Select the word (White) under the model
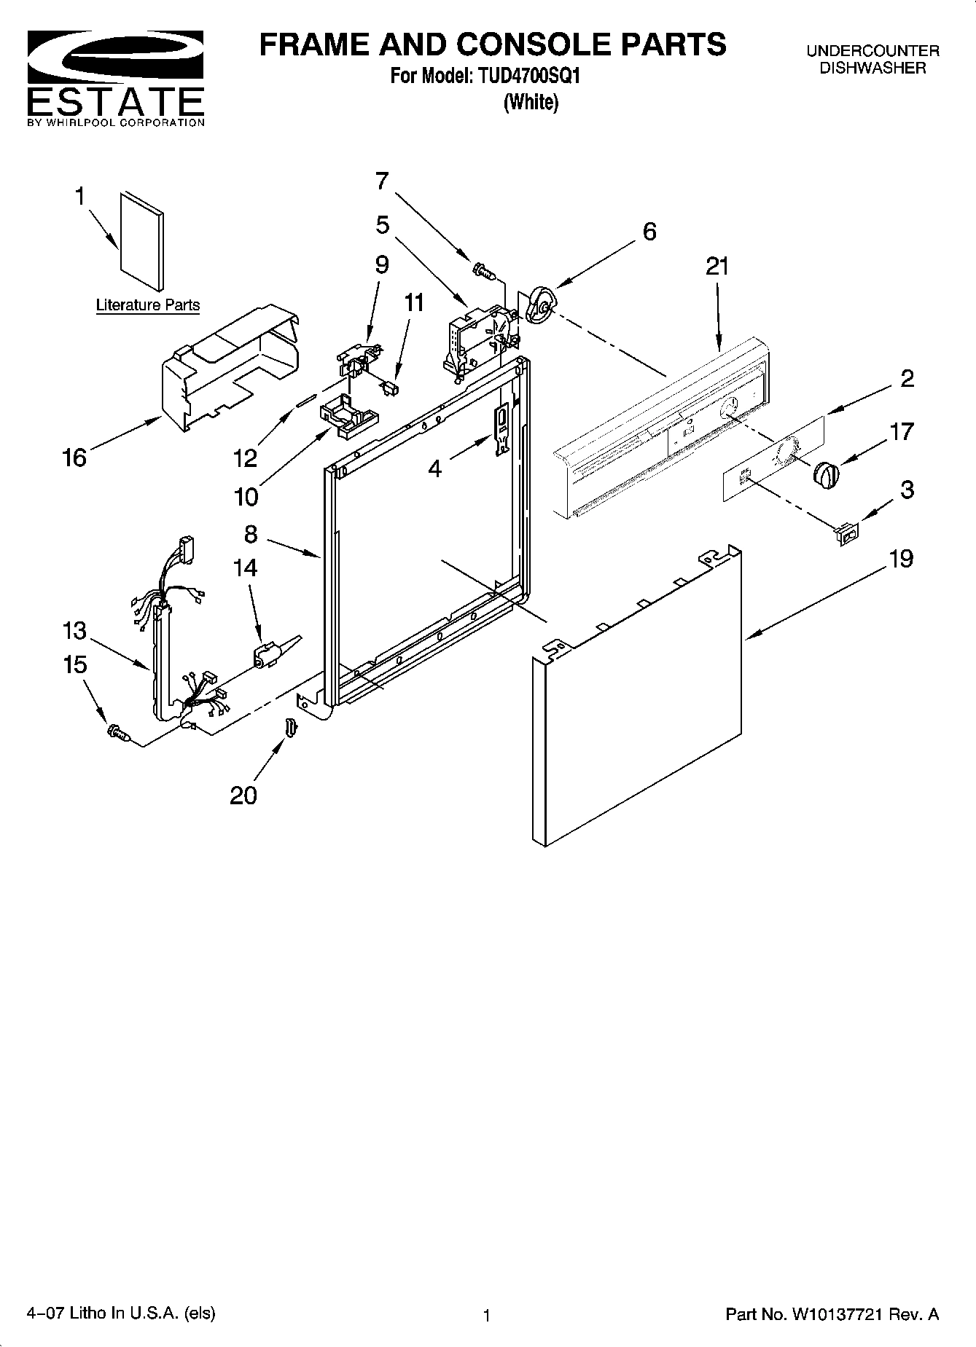pos(531,103)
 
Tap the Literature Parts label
pos(148,305)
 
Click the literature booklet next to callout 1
pos(141,241)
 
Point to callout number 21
pos(717,267)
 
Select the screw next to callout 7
pos(483,272)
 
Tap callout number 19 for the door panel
pos(902,559)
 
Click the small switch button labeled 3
pos(847,535)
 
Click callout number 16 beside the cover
pos(74,457)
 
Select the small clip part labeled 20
pos(290,727)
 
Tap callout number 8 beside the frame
pos(251,534)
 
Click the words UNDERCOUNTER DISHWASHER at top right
pos(872,59)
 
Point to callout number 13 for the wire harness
pos(74,630)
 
